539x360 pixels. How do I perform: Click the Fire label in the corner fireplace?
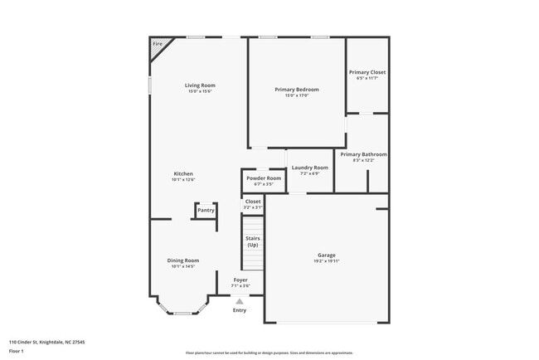(x=157, y=43)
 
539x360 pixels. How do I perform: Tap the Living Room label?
(x=200, y=85)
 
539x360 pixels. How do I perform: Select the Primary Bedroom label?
(x=297, y=90)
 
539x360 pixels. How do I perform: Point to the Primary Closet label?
(x=367, y=72)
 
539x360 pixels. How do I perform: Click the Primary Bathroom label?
(x=363, y=154)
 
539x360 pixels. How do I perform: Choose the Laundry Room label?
(x=309, y=168)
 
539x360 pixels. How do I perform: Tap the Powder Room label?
(x=263, y=178)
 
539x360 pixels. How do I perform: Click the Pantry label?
(x=206, y=210)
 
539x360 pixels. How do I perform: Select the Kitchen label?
(x=182, y=173)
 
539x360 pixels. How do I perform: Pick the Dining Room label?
(x=182, y=260)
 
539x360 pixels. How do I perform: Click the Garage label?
(x=326, y=255)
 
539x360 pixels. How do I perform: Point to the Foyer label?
(x=240, y=280)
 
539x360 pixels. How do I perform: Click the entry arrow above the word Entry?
(x=240, y=301)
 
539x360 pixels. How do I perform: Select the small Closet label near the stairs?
(x=253, y=202)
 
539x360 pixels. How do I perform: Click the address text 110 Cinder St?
(x=46, y=342)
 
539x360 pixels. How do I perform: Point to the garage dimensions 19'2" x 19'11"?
(x=326, y=261)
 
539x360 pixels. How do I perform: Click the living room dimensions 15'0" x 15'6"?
(x=200, y=92)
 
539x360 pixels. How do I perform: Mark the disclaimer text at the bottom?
(x=269, y=353)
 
